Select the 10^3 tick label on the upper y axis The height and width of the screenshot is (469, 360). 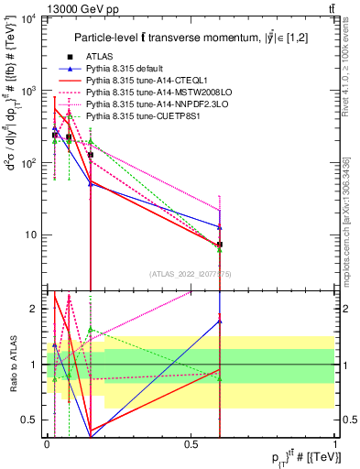(30, 92)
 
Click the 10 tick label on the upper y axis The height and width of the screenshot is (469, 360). (32, 234)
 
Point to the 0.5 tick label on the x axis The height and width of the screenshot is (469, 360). (191, 444)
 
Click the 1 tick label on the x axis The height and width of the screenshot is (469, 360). (335, 444)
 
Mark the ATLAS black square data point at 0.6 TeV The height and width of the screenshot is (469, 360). (220, 245)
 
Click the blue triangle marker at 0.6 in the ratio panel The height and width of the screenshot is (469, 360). (220, 321)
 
